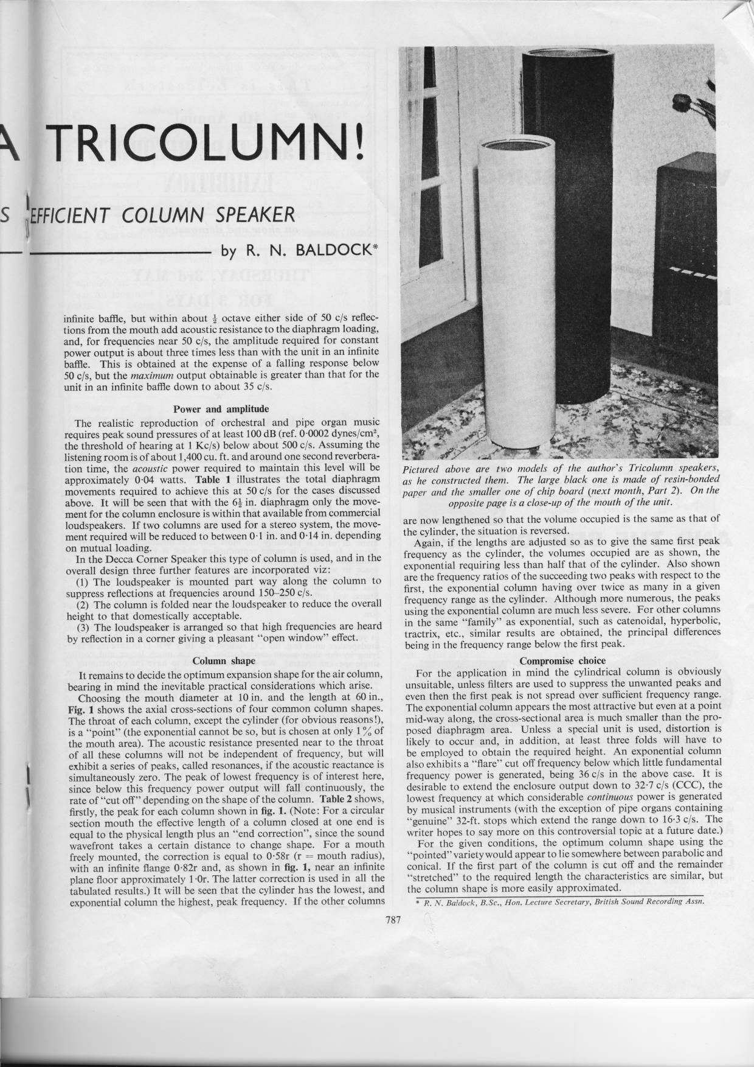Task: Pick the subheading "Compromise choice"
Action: pos(563,660)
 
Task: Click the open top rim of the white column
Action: pos(516,145)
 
